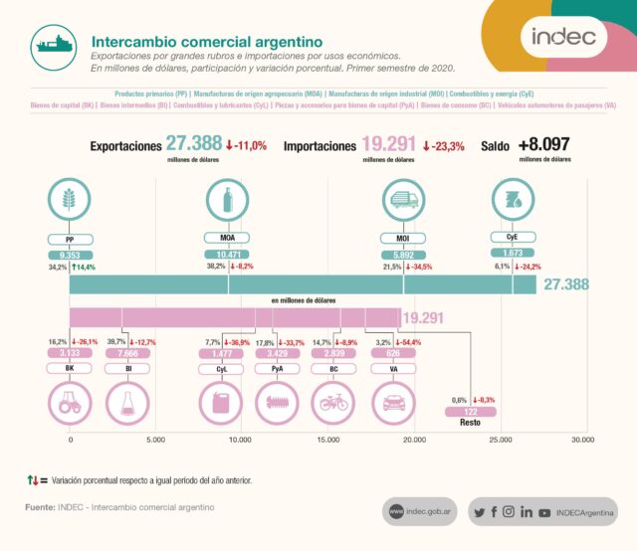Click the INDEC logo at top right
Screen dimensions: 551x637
(562, 38)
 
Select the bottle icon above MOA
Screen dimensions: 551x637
(228, 199)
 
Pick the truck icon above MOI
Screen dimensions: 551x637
(403, 199)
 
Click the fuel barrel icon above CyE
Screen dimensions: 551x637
(513, 199)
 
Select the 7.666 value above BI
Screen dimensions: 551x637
(126, 353)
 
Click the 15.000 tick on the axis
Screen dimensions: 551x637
(326, 439)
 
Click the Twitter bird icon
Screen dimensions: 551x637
(480, 512)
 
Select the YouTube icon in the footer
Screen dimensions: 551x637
(543, 512)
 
